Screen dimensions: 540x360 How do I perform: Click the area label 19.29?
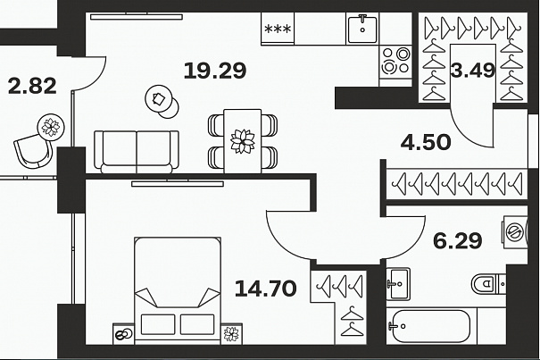click(215, 71)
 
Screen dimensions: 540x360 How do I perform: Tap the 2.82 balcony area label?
click(32, 87)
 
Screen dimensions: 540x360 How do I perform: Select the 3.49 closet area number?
click(473, 70)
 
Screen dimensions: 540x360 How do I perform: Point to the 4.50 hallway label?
click(426, 142)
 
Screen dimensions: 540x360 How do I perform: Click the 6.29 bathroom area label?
click(457, 241)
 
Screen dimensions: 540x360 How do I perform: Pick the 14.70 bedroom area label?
click(265, 289)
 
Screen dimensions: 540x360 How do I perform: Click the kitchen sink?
click(362, 29)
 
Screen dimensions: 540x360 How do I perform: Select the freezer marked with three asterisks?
click(278, 29)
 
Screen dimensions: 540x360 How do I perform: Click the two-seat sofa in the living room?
click(137, 151)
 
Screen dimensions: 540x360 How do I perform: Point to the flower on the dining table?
click(243, 141)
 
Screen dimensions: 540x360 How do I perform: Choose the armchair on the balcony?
click(33, 151)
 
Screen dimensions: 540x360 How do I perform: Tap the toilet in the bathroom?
click(488, 284)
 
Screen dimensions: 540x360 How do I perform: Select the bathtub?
click(430, 326)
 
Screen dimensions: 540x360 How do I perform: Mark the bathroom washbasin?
click(398, 284)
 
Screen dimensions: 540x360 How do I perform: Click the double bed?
click(178, 290)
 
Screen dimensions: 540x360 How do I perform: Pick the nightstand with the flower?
click(231, 333)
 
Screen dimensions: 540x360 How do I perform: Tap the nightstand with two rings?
click(123, 333)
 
